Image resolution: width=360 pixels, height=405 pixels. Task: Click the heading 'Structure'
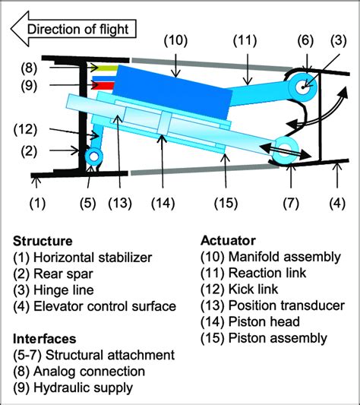[43, 241]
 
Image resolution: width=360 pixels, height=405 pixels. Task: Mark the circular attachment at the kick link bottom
[93, 156]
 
